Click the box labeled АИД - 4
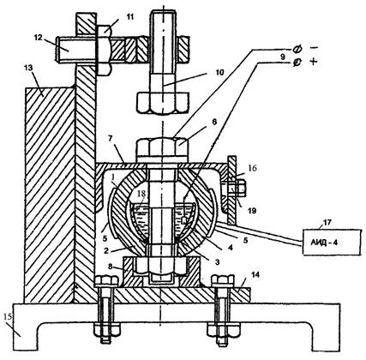point(331,242)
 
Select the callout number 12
point(38,38)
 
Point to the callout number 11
point(130,17)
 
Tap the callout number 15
point(9,316)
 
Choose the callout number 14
point(255,274)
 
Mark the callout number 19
point(251,211)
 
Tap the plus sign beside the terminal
point(314,62)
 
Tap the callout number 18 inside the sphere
point(141,194)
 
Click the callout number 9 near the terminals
point(282,57)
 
